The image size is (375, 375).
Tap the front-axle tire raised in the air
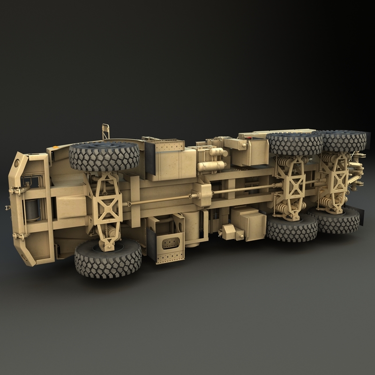click(x=105, y=156)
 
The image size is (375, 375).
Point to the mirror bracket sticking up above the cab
click(x=105, y=131)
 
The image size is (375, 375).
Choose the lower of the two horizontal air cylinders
click(x=212, y=166)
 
